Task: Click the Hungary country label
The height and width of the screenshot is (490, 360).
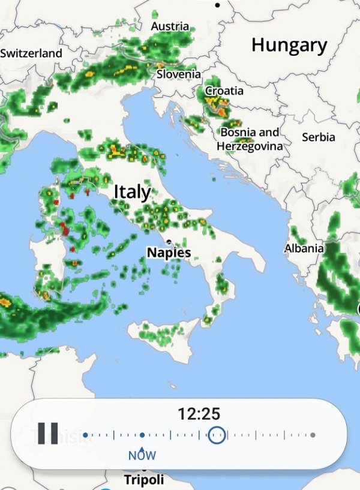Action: tap(289, 45)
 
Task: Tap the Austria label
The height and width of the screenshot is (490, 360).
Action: tap(170, 26)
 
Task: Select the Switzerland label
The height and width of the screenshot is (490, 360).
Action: tap(31, 53)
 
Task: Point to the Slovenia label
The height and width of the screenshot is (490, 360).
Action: tap(179, 74)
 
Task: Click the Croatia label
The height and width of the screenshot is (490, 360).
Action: tap(224, 91)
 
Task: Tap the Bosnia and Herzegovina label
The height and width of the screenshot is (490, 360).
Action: tap(250, 139)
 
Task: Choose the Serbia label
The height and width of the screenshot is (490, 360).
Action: tap(319, 137)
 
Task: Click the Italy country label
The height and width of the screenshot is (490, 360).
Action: tap(133, 192)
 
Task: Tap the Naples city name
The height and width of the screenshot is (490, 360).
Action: tap(169, 252)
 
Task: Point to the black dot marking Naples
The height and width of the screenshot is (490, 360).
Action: tap(170, 242)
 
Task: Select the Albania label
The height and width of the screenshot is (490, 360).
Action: tap(304, 248)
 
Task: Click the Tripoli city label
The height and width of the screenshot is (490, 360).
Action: tap(144, 480)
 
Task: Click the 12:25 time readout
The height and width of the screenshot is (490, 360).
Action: tap(199, 413)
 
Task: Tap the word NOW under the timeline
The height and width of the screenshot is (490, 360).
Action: tap(142, 455)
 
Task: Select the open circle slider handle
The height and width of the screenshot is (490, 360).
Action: tap(217, 435)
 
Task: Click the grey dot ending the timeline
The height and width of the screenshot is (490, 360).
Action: tap(313, 435)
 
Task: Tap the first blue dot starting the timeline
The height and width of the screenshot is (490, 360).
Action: tap(85, 435)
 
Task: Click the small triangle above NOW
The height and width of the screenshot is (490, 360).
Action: tap(142, 447)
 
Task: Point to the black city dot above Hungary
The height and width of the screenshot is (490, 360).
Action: tap(217, 5)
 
